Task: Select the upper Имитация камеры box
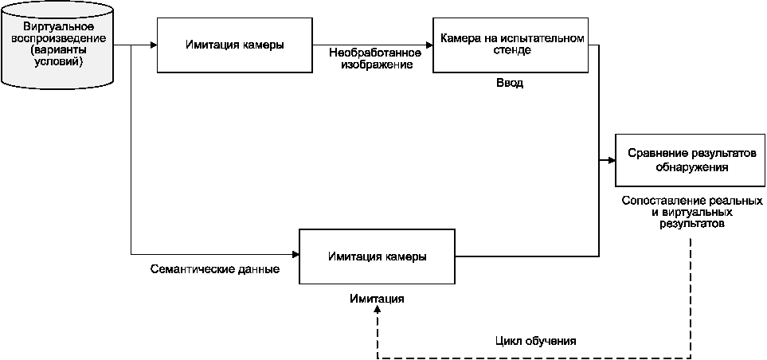[x=234, y=45]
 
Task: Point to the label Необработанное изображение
[x=374, y=58]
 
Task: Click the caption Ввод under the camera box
[x=509, y=83]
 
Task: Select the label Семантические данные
[x=214, y=269]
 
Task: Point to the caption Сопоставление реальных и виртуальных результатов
[x=692, y=213]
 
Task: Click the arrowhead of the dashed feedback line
[x=378, y=312]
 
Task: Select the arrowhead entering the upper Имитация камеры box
[x=154, y=45]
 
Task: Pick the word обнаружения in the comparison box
[x=691, y=167]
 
